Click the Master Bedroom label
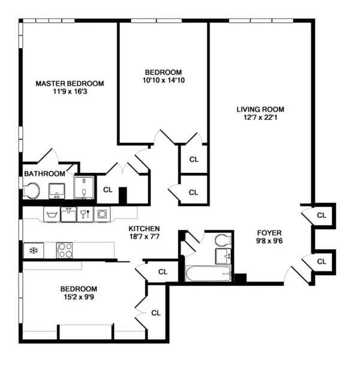tap(69, 83)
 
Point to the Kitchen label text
tap(144, 228)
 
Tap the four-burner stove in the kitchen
tap(64, 250)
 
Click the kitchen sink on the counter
tap(68, 214)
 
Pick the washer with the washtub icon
tap(51, 214)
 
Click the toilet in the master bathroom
tap(31, 191)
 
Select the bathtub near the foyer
tap(208, 274)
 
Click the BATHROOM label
tap(44, 173)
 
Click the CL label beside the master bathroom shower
tap(108, 190)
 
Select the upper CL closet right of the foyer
tap(322, 215)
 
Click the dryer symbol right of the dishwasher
tap(102, 214)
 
